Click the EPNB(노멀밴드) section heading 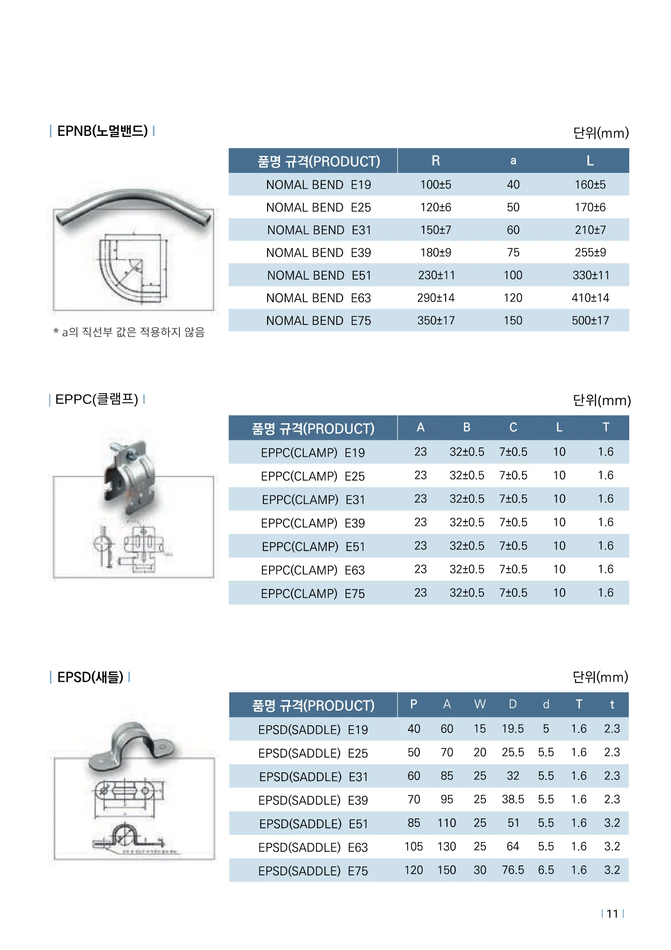[x=102, y=131]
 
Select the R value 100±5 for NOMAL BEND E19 [x=436, y=185]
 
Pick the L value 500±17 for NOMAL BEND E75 [x=590, y=321]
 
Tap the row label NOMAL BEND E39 [x=318, y=253]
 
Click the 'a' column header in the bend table [x=513, y=161]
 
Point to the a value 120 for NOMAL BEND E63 [x=513, y=298]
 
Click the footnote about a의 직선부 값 [x=129, y=332]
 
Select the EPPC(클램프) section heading [x=97, y=399]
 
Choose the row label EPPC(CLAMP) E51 [x=313, y=547]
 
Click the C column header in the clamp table [x=513, y=427]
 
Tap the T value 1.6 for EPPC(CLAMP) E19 [x=606, y=452]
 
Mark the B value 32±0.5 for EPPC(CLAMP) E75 [x=467, y=593]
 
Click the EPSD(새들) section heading [x=90, y=677]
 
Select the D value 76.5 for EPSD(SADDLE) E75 [x=513, y=870]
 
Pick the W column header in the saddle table [x=480, y=704]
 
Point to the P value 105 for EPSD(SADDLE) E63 [x=413, y=846]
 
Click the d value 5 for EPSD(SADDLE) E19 [x=546, y=729]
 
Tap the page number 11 [x=612, y=914]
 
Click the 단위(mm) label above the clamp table [x=601, y=400]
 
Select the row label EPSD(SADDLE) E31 [x=313, y=777]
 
